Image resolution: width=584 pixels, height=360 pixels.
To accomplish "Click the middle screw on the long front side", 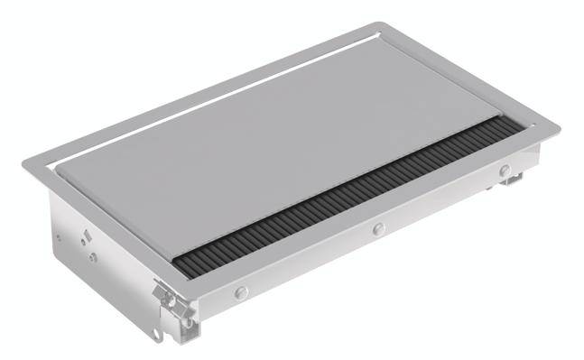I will [x=378, y=229].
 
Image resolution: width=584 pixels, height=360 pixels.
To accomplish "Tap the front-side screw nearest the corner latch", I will [x=241, y=292].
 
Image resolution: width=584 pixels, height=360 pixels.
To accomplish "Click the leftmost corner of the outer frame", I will [x=23, y=162].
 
